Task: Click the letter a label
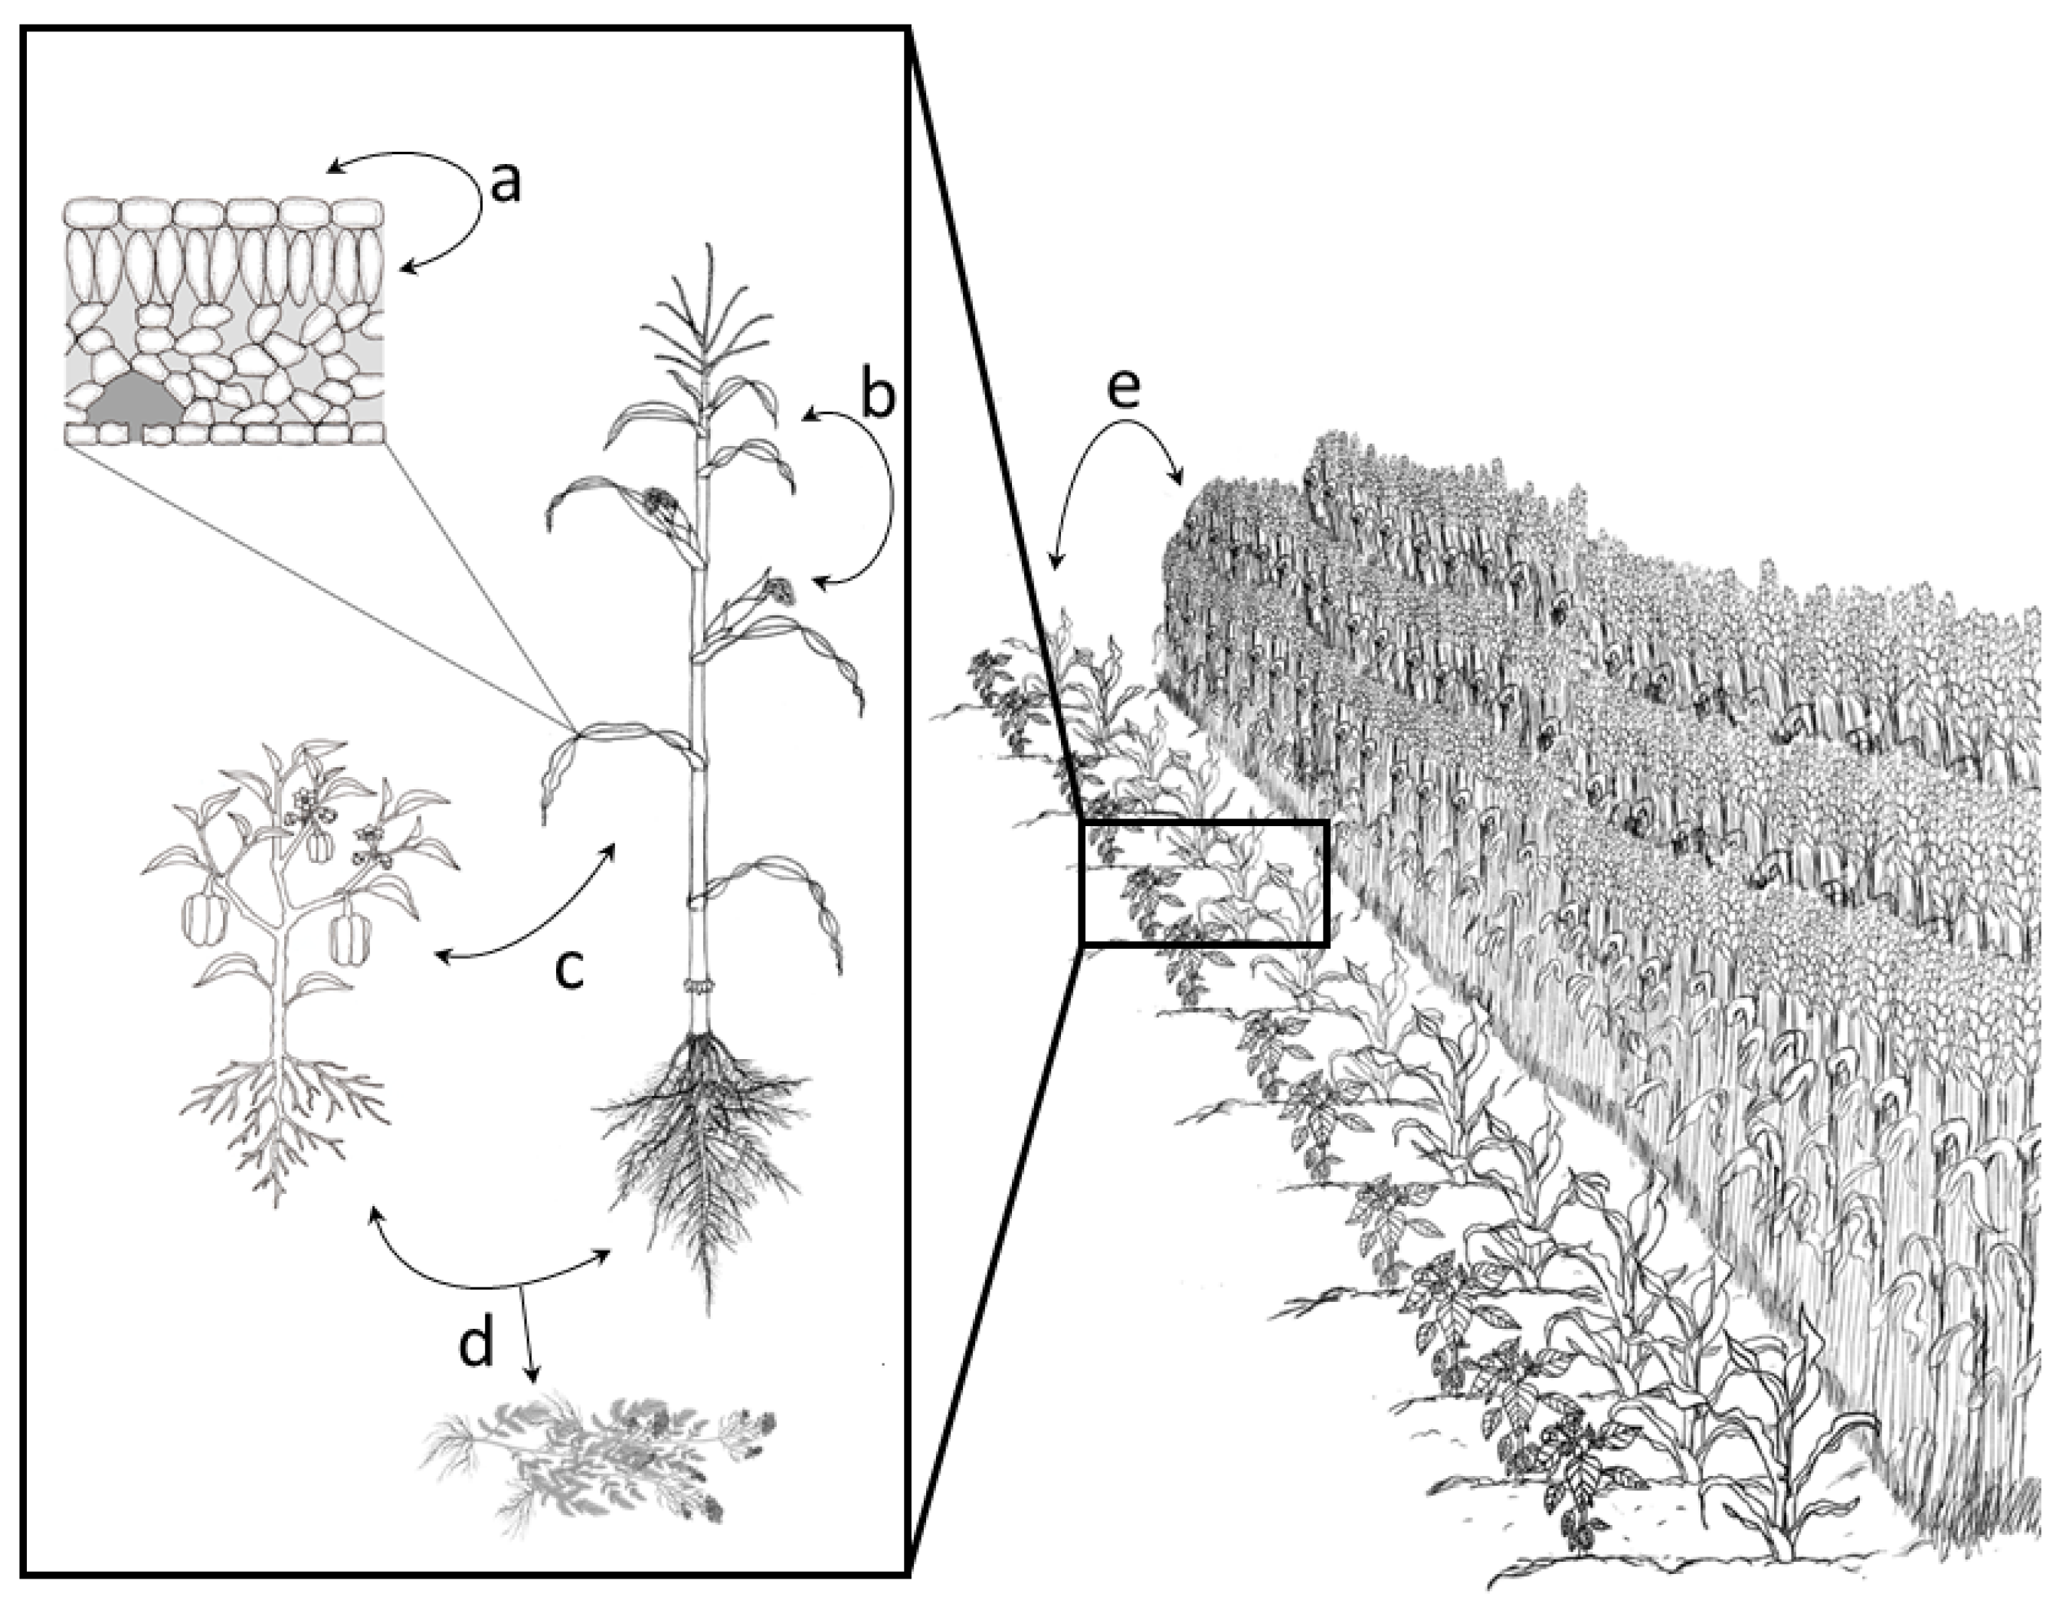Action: pos(508,182)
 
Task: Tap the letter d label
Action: pos(476,1343)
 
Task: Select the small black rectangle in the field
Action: pos(1204,882)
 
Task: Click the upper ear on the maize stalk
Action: pos(660,503)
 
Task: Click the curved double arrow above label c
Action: pos(531,910)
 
